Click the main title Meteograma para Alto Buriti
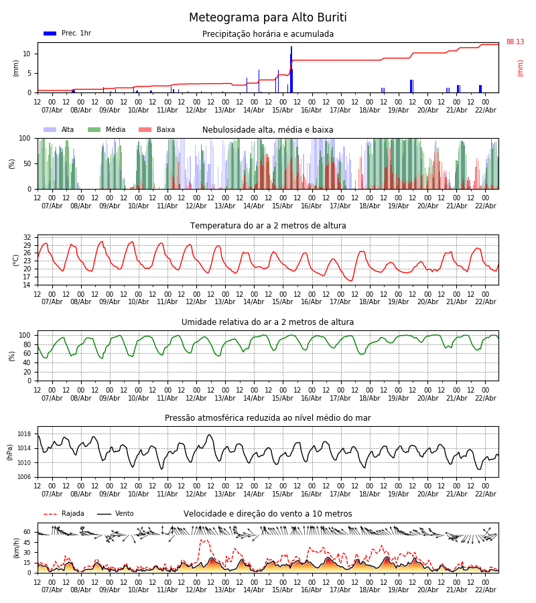point(268,18)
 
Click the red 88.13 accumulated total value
point(515,42)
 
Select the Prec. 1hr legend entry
point(68,33)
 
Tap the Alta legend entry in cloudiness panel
point(60,130)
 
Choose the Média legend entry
point(107,130)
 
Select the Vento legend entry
point(115,514)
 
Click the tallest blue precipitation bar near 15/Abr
point(291,67)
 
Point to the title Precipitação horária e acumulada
point(268,34)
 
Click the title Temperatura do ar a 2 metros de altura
point(268,226)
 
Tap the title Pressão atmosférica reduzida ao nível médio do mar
point(268,418)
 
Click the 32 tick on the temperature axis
point(27,237)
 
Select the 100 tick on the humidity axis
point(25,335)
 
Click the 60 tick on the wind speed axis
point(27,532)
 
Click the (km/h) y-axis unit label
point(17,548)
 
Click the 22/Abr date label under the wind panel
point(485,590)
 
